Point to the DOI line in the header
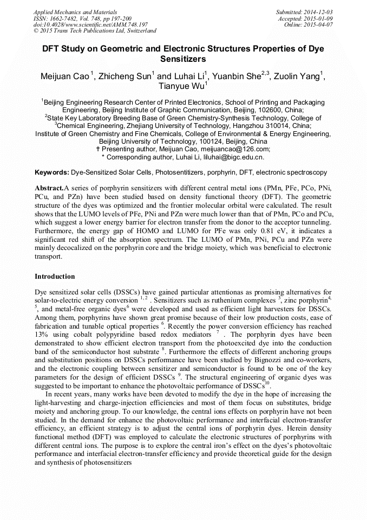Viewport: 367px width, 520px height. [90, 24]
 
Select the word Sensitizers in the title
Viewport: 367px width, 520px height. [183, 59]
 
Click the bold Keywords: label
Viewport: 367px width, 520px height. [52, 172]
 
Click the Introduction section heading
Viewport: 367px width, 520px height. [55, 277]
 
